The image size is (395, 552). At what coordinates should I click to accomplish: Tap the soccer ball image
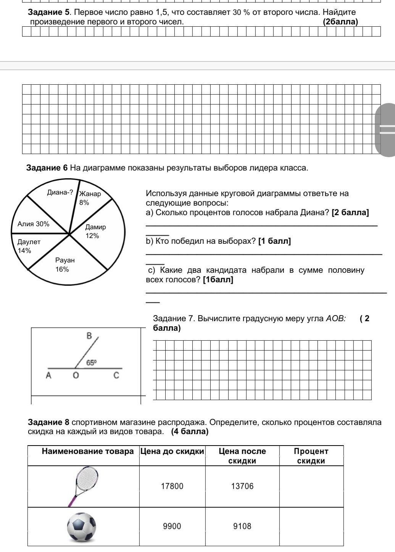pyautogui.click(x=81, y=527)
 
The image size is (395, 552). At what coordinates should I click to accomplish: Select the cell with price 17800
pyautogui.click(x=172, y=486)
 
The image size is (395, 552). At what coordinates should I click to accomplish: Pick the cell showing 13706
pyautogui.click(x=242, y=486)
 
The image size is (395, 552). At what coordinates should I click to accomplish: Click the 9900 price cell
pyautogui.click(x=172, y=526)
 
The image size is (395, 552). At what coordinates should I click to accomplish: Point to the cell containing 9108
pyautogui.click(x=242, y=526)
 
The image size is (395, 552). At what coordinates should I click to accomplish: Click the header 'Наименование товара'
pyautogui.click(x=88, y=451)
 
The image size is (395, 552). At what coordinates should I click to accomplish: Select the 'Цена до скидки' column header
pyautogui.click(x=172, y=451)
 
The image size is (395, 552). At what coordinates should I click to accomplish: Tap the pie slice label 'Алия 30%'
pyautogui.click(x=34, y=224)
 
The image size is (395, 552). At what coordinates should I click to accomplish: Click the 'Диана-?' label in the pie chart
pyautogui.click(x=60, y=192)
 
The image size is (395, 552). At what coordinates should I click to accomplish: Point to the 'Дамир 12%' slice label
pyautogui.click(x=95, y=231)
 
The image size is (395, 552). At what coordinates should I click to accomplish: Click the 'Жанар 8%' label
pyautogui.click(x=89, y=198)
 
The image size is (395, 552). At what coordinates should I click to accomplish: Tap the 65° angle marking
pyautogui.click(x=92, y=362)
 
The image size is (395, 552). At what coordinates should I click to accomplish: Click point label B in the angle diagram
pyautogui.click(x=89, y=336)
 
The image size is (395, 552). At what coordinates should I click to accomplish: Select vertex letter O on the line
pyautogui.click(x=76, y=376)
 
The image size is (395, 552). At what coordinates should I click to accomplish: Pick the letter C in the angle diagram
pyautogui.click(x=116, y=375)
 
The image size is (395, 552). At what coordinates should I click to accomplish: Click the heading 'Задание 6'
pyautogui.click(x=47, y=168)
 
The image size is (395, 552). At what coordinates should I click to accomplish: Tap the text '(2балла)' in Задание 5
pyautogui.click(x=340, y=22)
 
